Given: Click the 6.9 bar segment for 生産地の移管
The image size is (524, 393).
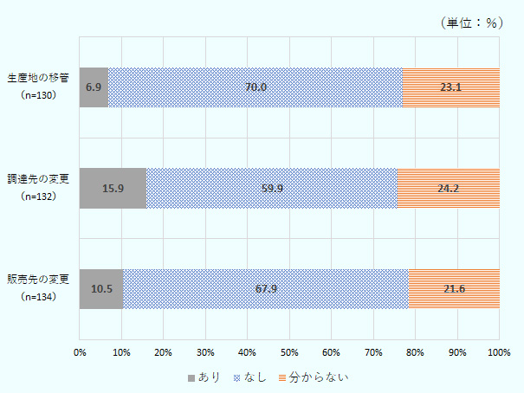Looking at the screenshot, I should coord(94,87).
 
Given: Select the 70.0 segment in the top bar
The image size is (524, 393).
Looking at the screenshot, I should coord(256,87).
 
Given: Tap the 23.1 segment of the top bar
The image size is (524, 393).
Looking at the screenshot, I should coord(450,87).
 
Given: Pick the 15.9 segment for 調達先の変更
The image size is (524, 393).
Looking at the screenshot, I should coord(113,188).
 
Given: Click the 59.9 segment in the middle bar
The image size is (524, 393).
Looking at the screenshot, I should coord(271,188).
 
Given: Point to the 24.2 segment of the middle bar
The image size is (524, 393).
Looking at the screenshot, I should coord(448,188).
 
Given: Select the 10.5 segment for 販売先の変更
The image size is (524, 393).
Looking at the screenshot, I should coord(101,288).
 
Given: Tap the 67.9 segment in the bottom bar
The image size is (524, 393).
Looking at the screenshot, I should coord(265,288).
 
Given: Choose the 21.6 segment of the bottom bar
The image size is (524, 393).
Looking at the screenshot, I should coord(454,288).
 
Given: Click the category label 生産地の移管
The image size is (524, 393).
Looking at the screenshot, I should coord(38,79).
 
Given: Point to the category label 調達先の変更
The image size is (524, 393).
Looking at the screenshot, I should coord(38,179).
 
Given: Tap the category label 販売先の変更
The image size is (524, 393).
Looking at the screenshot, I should coord(38,280).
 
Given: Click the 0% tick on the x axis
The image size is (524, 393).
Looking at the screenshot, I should coord(80,351).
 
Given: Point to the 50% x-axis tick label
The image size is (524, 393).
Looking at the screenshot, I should coord(289,351).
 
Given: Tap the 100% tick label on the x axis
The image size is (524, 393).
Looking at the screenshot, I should coord(498,351).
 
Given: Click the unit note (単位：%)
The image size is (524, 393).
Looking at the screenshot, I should coord(472,23).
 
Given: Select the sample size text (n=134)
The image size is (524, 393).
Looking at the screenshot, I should coord(38,296).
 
